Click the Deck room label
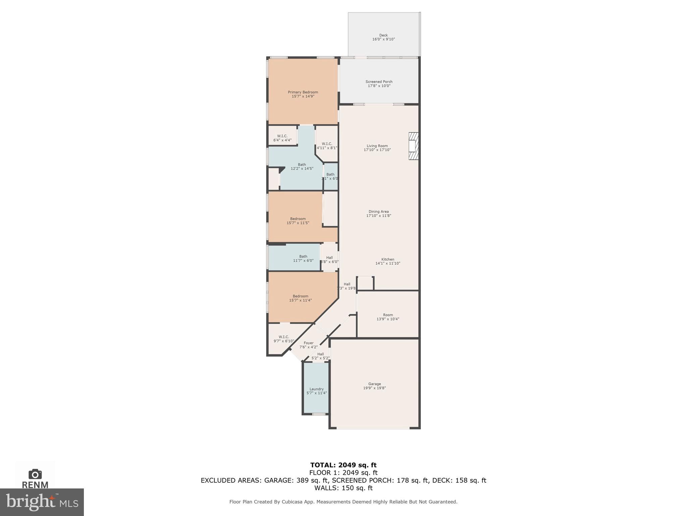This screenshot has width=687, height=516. tap(383, 35)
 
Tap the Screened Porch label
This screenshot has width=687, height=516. tap(379, 82)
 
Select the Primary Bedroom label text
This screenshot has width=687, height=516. tap(303, 92)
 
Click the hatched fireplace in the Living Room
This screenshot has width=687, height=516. tap(414, 146)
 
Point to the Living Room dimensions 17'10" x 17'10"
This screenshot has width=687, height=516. tap(377, 150)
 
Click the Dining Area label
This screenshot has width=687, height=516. tap(378, 212)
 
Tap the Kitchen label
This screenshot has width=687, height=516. tap(387, 259)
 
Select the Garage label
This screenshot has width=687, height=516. tap(374, 384)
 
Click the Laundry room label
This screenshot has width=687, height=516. tap(316, 389)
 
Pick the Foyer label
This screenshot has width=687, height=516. tap(309, 343)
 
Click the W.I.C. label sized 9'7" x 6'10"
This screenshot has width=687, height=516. tap(284, 337)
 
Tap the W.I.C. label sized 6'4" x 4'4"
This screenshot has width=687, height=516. tap(282, 136)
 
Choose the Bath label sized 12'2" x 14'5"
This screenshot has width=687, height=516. tap(302, 165)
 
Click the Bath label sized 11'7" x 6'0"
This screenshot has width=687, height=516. tap(303, 256)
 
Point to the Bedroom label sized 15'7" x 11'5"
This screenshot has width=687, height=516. tap(298, 219)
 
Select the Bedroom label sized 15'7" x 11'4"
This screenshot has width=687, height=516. tap(300, 296)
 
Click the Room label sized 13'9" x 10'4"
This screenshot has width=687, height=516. tap(388, 315)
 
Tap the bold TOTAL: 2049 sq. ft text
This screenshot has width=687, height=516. tap(343, 465)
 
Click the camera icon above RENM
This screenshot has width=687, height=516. tap(35, 474)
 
